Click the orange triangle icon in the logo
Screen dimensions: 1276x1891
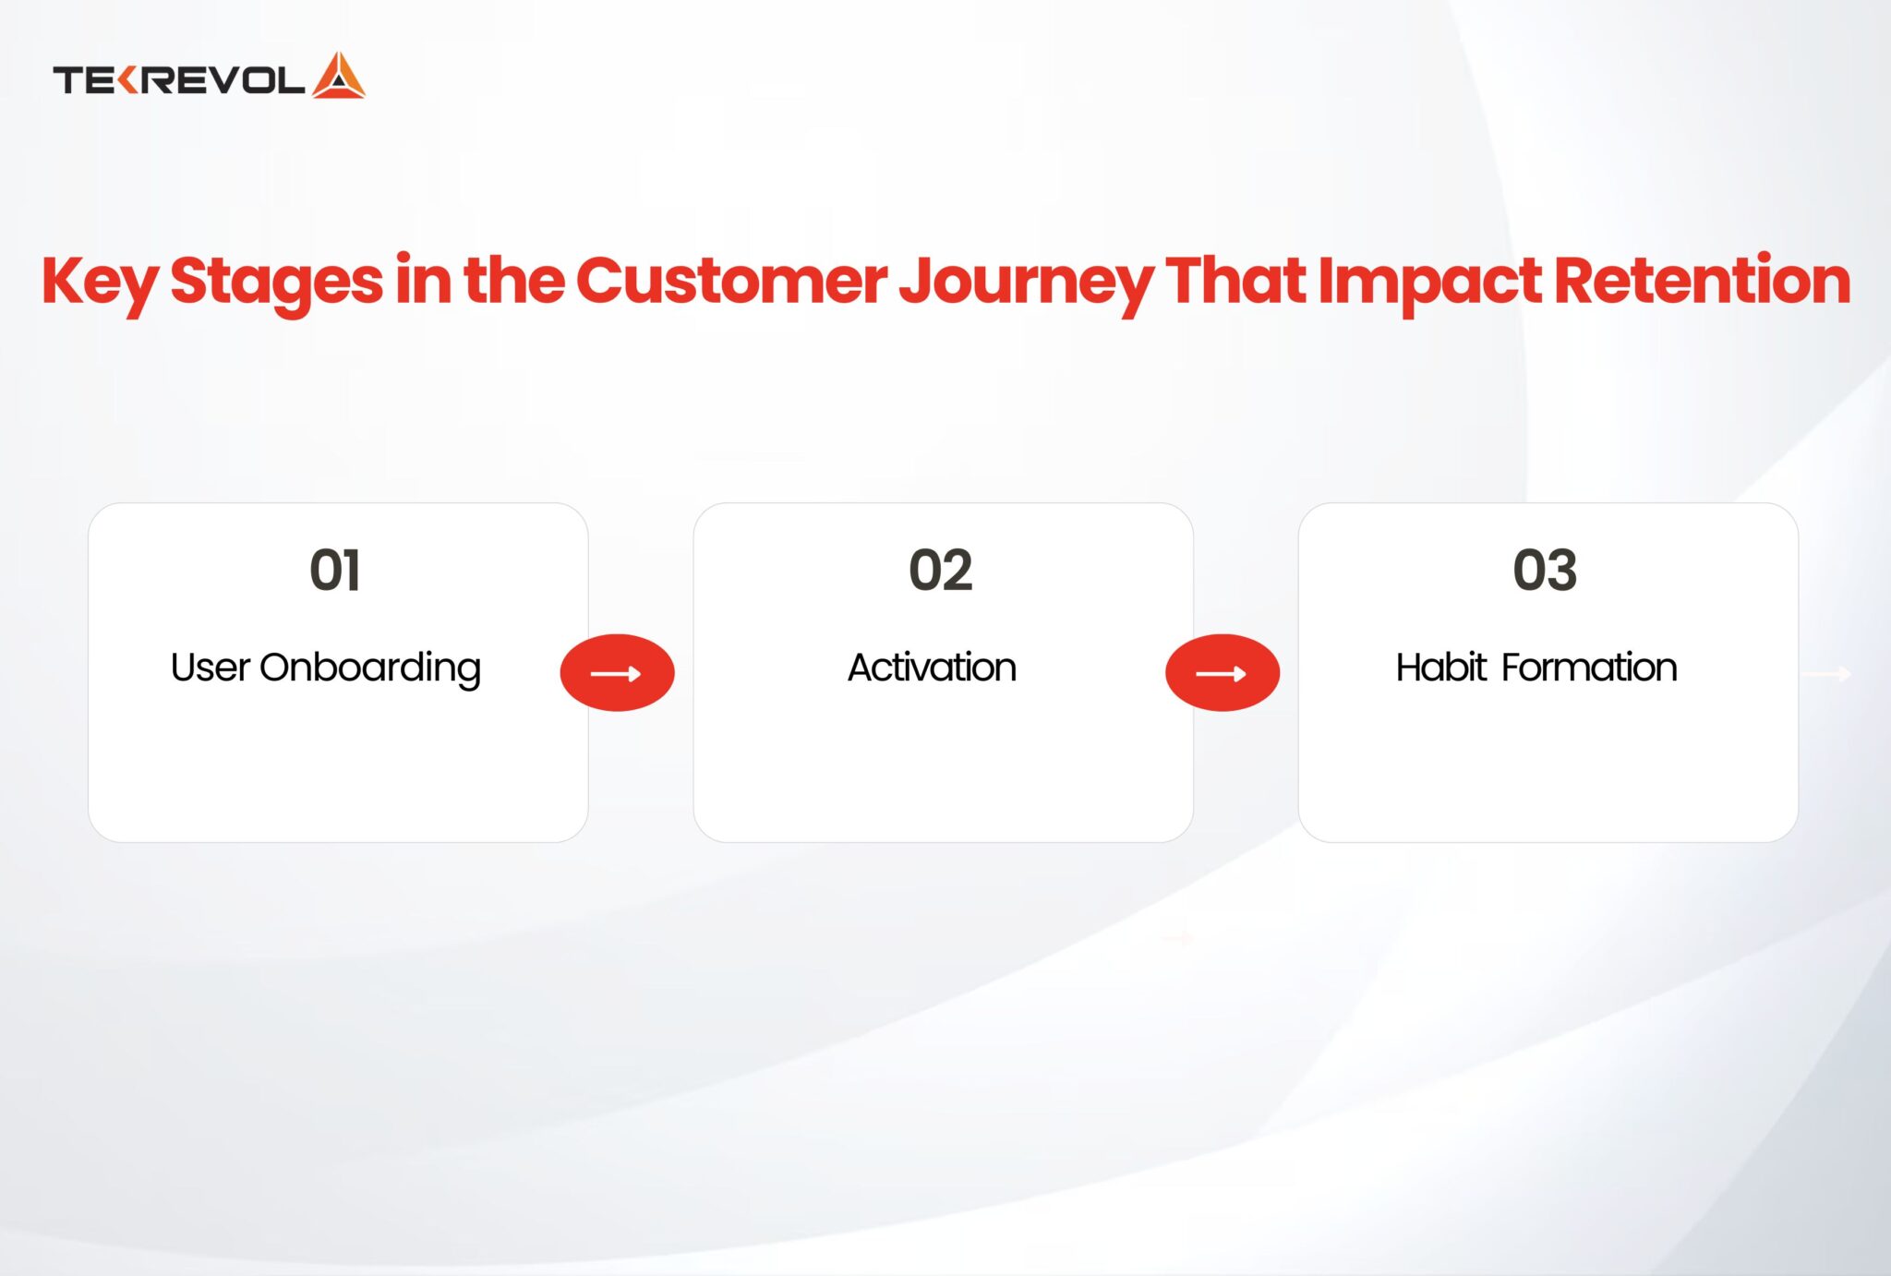pos(339,77)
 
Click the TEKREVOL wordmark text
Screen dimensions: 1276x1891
pos(178,80)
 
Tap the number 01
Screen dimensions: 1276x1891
pos(335,570)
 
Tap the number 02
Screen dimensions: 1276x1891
pos(941,570)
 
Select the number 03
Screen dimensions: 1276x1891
pos(1545,570)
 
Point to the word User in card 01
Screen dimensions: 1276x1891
pos(210,668)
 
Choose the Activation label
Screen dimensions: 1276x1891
pos(932,668)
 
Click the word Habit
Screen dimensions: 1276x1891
pos(1440,668)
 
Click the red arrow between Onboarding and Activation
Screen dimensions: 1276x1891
pos(617,673)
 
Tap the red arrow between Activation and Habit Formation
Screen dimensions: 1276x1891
pos(1222,673)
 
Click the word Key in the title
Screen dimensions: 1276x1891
pos(99,282)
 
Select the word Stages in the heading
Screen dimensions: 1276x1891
pos(276,282)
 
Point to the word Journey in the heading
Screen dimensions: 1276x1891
pos(1025,282)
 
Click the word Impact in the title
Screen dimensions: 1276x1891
pos(1428,282)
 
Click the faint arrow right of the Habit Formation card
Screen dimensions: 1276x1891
pos(1829,674)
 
